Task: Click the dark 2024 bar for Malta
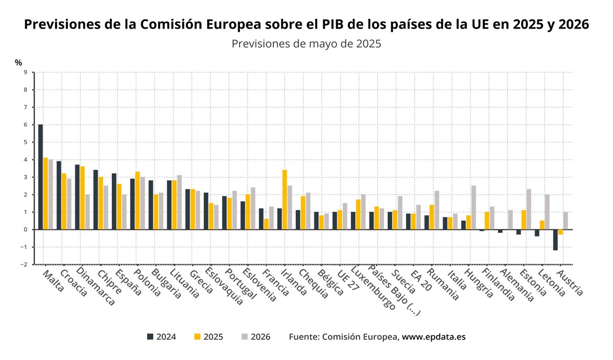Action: click(x=40, y=177)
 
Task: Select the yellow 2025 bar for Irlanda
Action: click(x=285, y=200)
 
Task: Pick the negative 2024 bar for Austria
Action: click(x=555, y=239)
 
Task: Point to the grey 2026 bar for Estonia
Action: click(x=529, y=209)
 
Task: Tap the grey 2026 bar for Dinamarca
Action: click(x=88, y=212)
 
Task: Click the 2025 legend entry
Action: click(x=208, y=337)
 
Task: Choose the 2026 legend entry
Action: click(x=255, y=337)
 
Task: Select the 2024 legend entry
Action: click(x=161, y=337)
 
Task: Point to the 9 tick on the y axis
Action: click(x=25, y=73)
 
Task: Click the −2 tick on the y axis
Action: click(x=24, y=265)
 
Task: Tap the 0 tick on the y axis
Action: click(x=25, y=230)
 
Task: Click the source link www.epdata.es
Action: click(x=434, y=337)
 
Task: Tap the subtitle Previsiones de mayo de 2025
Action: click(x=306, y=44)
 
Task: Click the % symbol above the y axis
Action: click(x=18, y=62)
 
